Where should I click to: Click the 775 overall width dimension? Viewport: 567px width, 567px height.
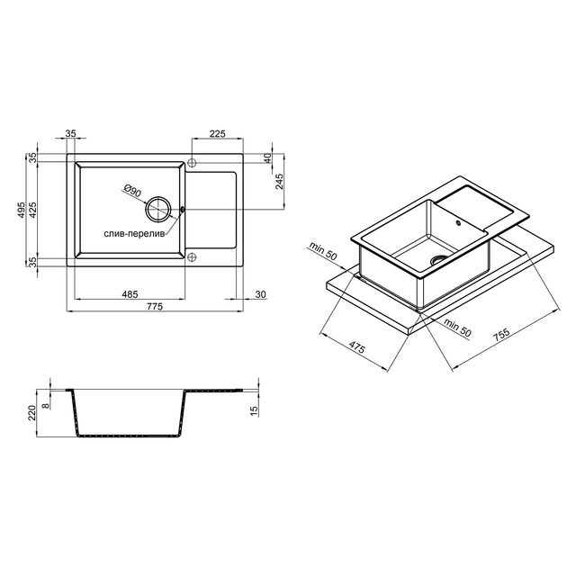click(155, 306)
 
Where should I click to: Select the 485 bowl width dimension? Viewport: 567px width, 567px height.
click(130, 294)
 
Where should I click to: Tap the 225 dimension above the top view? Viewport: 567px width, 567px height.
click(217, 133)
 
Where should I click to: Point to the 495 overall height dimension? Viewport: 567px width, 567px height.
click(22, 210)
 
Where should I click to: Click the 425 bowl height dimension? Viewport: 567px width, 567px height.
click(33, 210)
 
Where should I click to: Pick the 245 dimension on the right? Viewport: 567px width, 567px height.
click(279, 182)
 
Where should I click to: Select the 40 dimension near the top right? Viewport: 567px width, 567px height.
click(267, 158)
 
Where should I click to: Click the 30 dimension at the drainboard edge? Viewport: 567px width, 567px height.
click(260, 294)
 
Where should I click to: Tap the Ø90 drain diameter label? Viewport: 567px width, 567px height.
click(132, 191)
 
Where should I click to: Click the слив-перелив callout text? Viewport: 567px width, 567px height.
click(134, 234)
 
